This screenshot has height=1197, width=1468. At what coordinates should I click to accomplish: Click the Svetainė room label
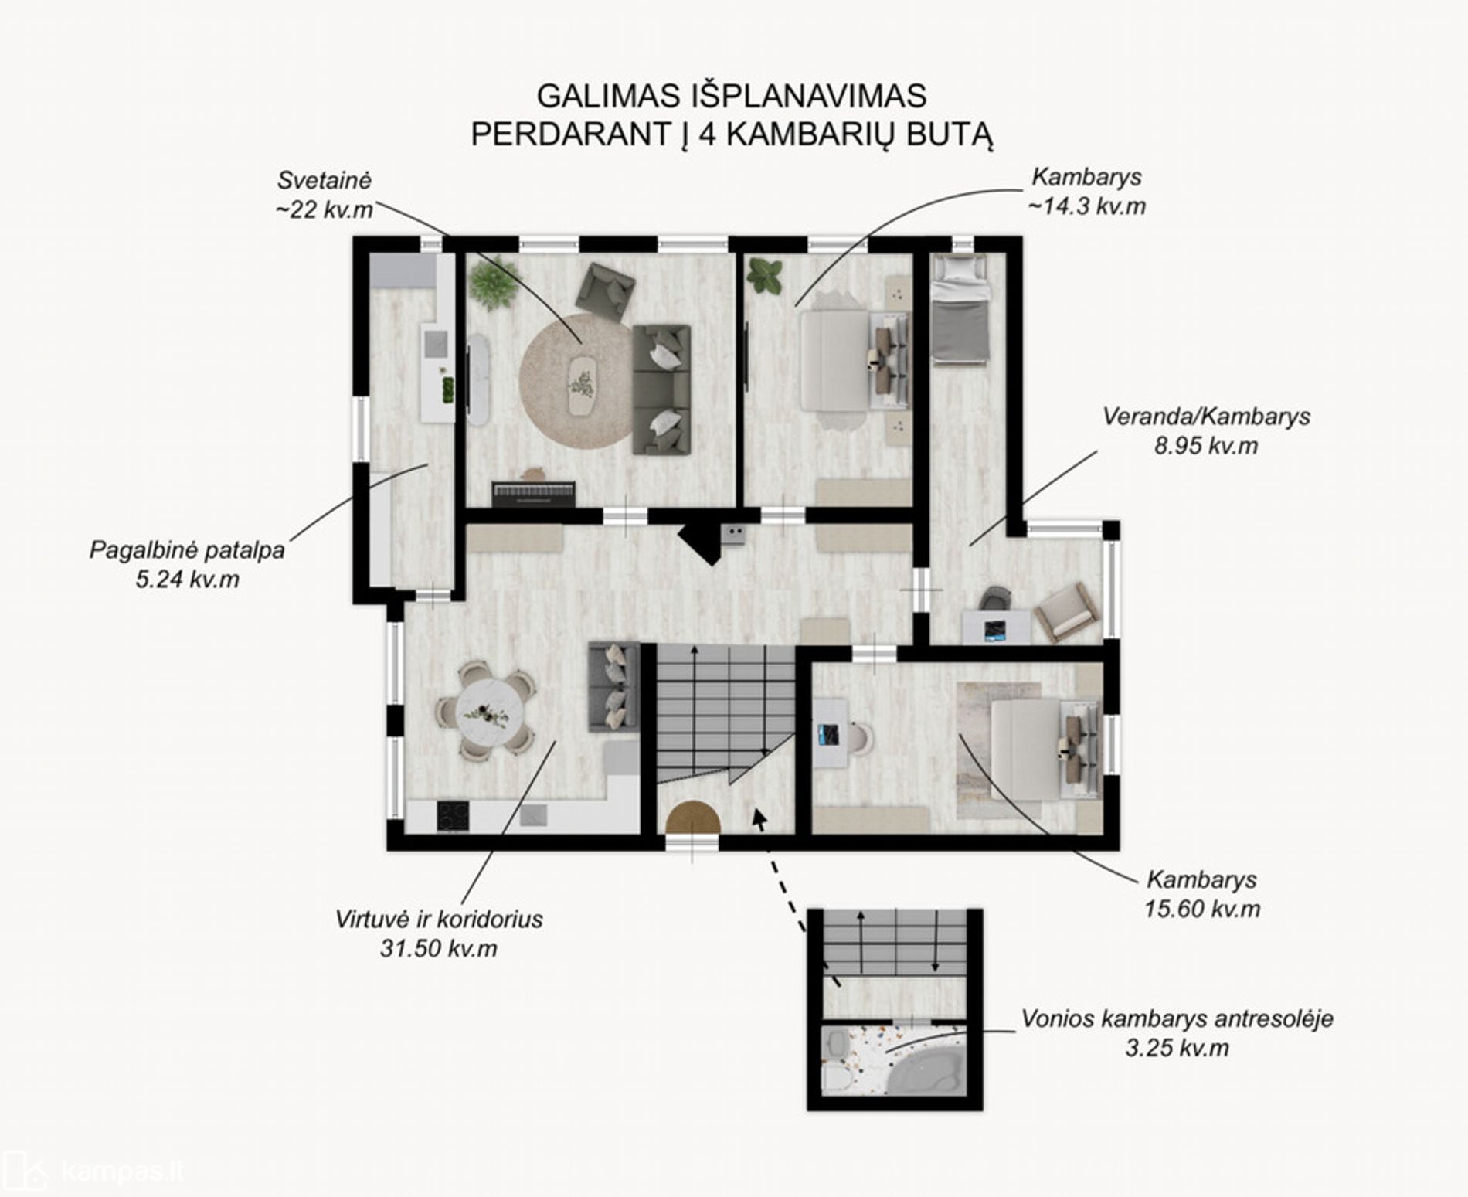325,181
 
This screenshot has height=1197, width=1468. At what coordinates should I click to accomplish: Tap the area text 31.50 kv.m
438,948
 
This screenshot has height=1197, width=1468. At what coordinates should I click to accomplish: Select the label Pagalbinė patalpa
187,550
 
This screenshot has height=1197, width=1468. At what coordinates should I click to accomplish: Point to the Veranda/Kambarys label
1206,417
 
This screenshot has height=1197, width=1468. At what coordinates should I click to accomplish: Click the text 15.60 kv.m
1202,909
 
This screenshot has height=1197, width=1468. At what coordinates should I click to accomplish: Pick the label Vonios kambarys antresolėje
1177,1018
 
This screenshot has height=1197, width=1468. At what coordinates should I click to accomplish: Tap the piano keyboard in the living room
533,494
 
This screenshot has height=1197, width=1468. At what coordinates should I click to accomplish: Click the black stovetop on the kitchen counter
453,817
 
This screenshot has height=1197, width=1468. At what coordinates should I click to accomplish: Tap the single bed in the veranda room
960,308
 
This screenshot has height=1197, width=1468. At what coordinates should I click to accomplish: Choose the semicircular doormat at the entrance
693,819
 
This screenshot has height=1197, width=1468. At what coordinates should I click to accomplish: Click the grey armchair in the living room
606,291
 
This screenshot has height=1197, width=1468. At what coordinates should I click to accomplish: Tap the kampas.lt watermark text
123,1171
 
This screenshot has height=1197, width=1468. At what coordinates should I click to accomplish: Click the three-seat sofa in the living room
661,389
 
